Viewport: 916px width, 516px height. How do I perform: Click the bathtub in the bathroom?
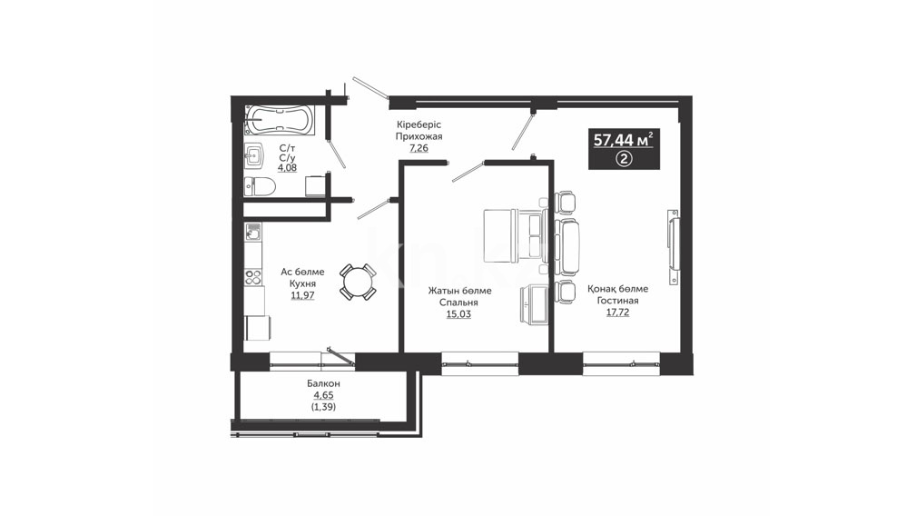(280, 121)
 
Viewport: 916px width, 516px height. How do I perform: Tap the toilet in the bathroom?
(260, 186)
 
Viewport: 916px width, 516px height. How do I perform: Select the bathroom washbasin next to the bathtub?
(254, 156)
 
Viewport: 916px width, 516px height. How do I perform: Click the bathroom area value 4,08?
(287, 168)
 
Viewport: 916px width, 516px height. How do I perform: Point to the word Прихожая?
(419, 136)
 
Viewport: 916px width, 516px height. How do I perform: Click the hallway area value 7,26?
(419, 148)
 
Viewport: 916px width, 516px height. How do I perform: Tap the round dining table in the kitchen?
(358, 283)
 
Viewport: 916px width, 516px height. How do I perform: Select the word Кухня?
(302, 283)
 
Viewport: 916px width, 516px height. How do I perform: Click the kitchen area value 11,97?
(302, 295)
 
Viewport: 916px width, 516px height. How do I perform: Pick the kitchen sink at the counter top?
(253, 232)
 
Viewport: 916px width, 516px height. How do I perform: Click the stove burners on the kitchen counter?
(253, 276)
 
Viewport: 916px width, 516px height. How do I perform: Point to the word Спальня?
(459, 303)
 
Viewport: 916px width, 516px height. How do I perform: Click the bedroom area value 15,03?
(458, 313)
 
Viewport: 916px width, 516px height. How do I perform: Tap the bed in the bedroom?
(514, 234)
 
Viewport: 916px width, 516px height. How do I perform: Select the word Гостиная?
(617, 301)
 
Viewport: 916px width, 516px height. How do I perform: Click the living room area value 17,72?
(617, 313)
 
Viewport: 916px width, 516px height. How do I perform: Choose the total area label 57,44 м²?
(624, 140)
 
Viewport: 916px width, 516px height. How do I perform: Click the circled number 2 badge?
(624, 158)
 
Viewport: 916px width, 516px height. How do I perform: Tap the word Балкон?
(323, 384)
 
